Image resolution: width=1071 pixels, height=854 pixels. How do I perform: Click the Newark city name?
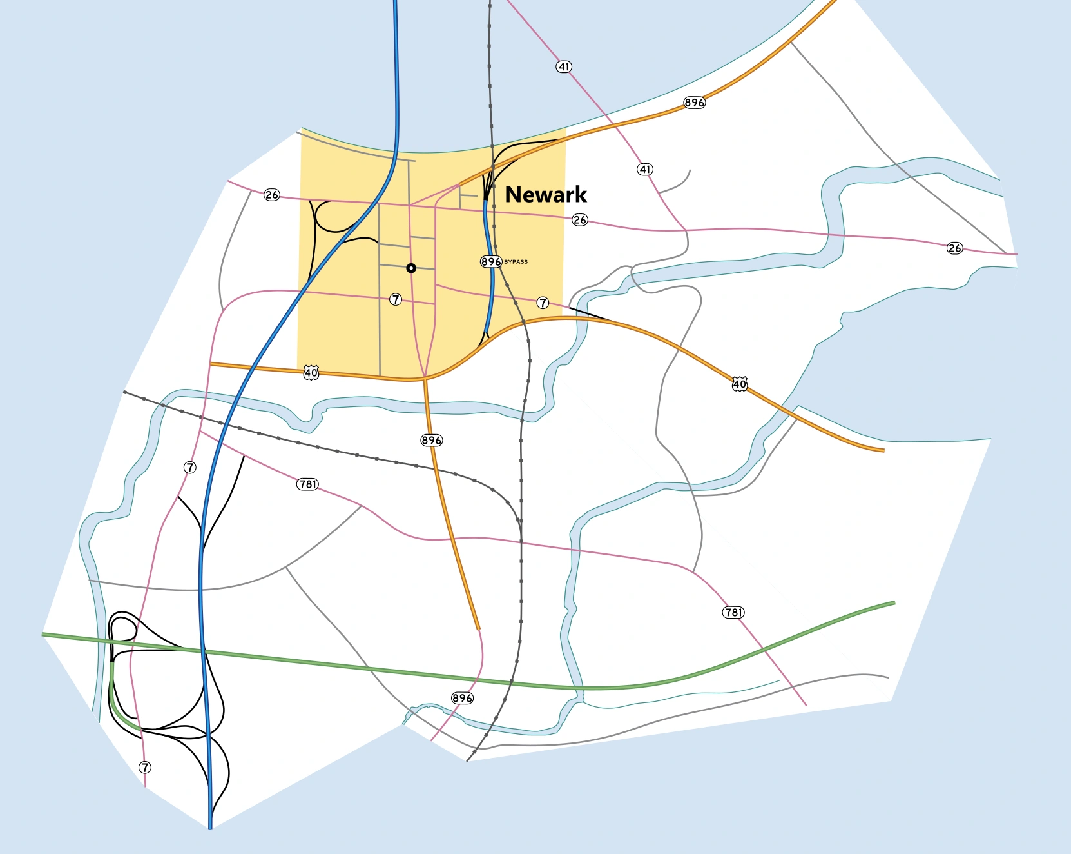click(545, 194)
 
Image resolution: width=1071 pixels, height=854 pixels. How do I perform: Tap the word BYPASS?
click(516, 262)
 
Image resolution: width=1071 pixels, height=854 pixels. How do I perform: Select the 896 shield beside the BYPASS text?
click(490, 261)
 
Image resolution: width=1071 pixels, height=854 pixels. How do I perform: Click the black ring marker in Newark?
click(411, 268)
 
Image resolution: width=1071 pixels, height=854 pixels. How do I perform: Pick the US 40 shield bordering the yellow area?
click(311, 373)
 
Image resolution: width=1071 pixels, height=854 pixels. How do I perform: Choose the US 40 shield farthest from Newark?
click(739, 384)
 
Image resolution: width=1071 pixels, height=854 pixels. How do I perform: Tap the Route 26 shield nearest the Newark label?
click(580, 220)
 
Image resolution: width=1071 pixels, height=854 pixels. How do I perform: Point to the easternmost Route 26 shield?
click(954, 248)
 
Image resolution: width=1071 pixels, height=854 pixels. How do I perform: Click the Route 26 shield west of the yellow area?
click(272, 194)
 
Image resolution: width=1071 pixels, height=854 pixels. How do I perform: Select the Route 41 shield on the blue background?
click(564, 66)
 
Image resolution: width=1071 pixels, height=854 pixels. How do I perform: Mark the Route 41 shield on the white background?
click(645, 169)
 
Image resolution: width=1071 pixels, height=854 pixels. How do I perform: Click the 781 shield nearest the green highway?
click(733, 612)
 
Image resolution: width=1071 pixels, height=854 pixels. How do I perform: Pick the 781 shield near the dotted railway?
click(308, 484)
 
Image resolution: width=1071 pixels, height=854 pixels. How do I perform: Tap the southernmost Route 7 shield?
click(145, 767)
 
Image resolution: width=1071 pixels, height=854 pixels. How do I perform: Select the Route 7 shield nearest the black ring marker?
click(396, 299)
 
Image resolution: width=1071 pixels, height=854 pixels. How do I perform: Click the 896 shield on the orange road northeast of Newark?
click(694, 103)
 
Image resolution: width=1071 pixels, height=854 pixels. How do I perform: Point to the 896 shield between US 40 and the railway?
click(431, 440)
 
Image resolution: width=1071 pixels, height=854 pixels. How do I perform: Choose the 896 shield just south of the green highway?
click(462, 698)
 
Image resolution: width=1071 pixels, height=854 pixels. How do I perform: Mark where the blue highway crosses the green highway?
click(203, 653)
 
